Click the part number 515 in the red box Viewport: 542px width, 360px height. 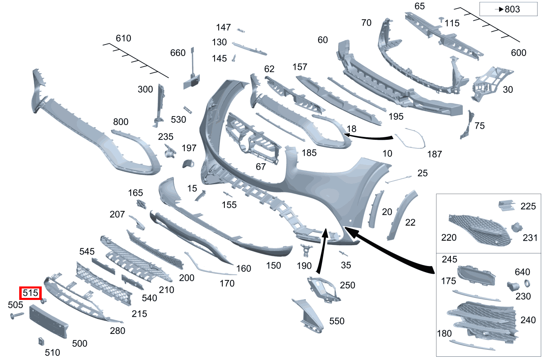30,293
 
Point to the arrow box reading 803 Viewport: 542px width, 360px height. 508,9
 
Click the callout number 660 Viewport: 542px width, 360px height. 178,53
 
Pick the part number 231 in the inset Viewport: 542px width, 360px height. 530,237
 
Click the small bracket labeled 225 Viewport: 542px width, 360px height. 506,206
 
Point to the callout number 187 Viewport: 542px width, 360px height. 434,154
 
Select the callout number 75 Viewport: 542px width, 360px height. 479,126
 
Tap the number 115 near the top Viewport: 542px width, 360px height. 452,24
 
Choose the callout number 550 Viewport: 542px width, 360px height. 337,321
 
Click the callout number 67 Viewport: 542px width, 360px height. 261,167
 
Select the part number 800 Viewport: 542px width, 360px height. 121,122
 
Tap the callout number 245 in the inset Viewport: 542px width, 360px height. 450,259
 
